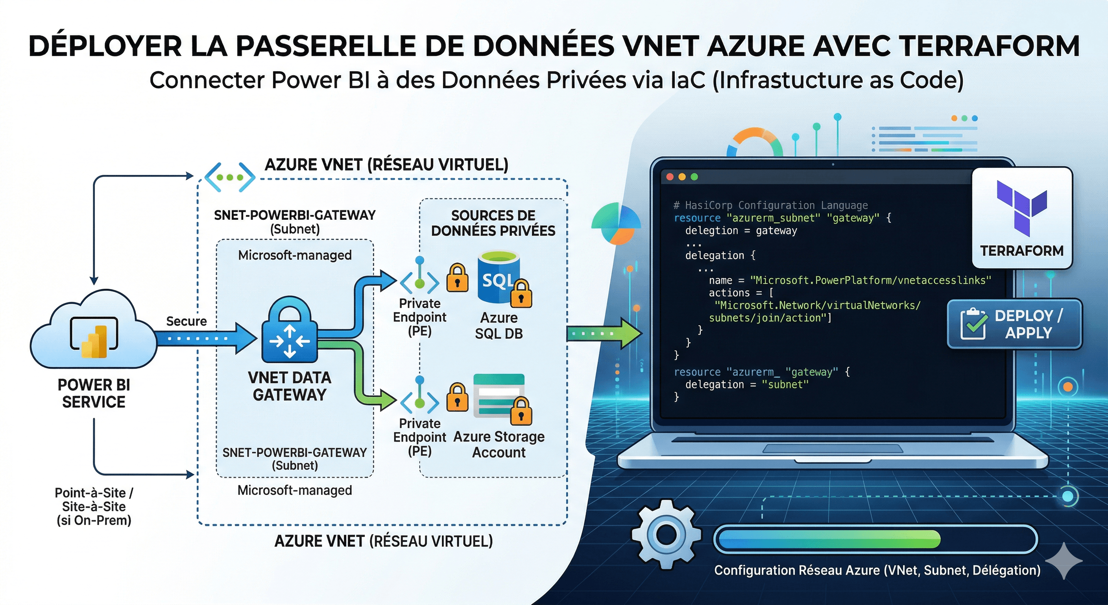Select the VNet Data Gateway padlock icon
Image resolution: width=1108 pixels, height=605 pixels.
290,329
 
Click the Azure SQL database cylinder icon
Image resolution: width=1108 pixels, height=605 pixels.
499,278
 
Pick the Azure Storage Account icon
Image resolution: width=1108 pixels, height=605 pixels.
499,395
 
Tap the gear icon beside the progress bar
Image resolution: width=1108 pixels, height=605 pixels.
666,534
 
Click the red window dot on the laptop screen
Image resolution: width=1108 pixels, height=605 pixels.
670,177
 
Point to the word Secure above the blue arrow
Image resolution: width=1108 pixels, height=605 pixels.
186,321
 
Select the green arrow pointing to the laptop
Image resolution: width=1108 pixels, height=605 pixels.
604,333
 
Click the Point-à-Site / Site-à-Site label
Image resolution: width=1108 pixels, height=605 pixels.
94,507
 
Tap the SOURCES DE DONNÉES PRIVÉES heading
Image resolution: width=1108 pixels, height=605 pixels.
493,223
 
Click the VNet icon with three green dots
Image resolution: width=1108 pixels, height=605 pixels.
230,177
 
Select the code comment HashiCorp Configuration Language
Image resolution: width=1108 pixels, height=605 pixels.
770,205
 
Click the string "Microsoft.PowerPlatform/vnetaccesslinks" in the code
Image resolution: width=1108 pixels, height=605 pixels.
871,280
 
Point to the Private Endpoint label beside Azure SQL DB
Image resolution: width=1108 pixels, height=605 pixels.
419,317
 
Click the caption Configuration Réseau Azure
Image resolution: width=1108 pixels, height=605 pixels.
877,570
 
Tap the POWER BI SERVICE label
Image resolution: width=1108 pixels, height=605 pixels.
94,393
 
